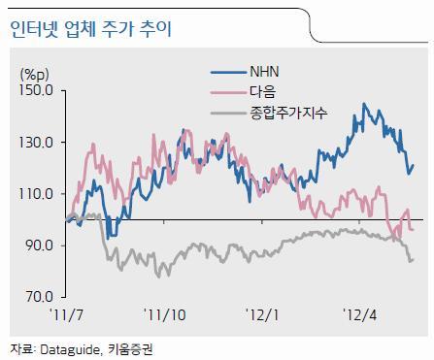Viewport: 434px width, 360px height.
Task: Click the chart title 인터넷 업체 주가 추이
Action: pos(90,30)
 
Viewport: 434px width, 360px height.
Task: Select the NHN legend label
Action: pos(264,72)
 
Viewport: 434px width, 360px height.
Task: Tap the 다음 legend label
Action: pos(262,92)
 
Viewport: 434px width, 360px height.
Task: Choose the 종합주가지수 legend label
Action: pos(288,113)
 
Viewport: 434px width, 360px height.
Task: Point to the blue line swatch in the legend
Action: pos(228,72)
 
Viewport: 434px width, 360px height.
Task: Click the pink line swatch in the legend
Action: pos(228,92)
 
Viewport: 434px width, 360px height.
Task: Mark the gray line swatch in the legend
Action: pos(228,114)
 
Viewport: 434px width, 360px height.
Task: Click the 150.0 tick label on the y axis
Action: pos(36,90)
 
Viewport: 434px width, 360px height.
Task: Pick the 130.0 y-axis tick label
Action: pos(36,142)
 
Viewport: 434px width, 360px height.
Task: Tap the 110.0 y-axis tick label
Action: pos(36,194)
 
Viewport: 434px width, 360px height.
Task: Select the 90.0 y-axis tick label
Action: pos(40,245)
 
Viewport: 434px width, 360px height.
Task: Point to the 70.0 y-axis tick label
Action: pos(40,297)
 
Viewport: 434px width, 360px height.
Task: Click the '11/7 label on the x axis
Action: pos(66,314)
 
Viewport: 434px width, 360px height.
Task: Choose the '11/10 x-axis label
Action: pos(165,314)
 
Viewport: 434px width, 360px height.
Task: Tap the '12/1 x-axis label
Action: pos(262,314)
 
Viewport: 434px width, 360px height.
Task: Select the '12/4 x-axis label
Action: pos(360,314)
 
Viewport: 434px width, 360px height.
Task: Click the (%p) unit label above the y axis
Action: pos(35,75)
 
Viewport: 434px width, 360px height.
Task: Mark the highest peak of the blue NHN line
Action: pos(364,104)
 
